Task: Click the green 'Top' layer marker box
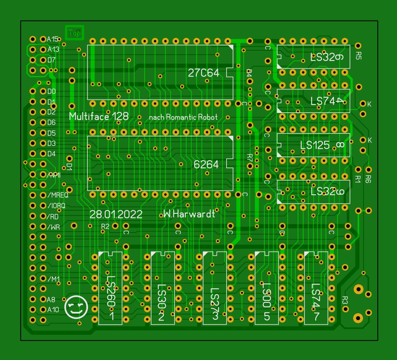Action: [x=74, y=33]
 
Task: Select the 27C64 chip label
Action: [x=203, y=73]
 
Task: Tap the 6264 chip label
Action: [x=206, y=165]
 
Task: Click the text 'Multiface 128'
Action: [x=99, y=116]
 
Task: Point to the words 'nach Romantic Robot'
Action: [x=183, y=117]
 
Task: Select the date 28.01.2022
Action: [x=116, y=214]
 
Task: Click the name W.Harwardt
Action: [x=189, y=214]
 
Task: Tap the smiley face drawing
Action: [x=76, y=307]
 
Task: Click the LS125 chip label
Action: [x=315, y=145]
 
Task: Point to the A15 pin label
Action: [x=53, y=39]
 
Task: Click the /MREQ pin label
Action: [x=58, y=195]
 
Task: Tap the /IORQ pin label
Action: [x=56, y=205]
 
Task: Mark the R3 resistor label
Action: [x=345, y=300]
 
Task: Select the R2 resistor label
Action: [x=105, y=226]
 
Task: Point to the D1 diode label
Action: [x=69, y=167]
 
